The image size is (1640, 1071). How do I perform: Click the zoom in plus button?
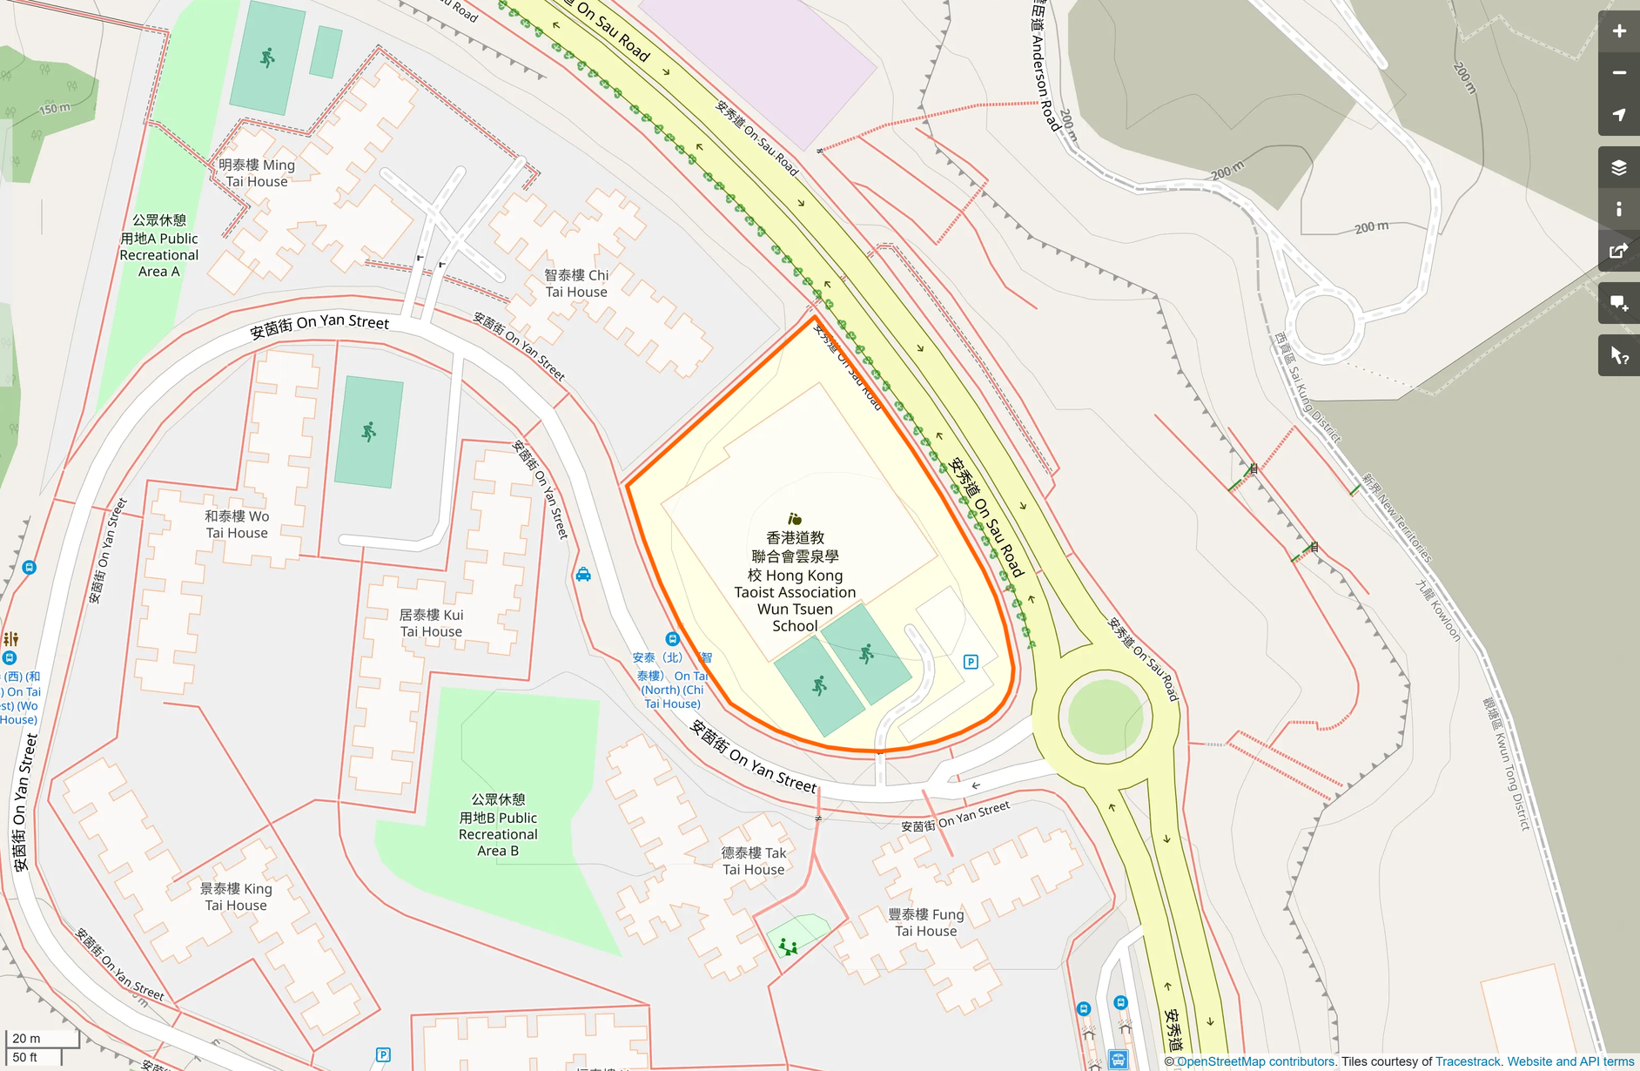point(1618,31)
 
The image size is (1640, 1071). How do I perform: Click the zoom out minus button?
point(1618,73)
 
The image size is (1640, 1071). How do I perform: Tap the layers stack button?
point(1618,167)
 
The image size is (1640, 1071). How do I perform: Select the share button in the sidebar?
point(1618,252)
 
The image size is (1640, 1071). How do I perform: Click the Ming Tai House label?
point(257,173)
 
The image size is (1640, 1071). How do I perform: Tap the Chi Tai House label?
point(576,283)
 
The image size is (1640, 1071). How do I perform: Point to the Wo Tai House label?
point(237,524)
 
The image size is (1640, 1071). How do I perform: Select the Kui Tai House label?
point(431,623)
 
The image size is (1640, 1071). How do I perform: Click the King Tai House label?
point(236,897)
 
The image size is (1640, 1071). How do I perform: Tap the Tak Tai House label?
point(753,861)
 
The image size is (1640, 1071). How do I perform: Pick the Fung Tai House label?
point(925,922)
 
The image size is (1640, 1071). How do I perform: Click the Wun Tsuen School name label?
point(795,582)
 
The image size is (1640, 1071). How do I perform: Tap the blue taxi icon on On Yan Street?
point(583,575)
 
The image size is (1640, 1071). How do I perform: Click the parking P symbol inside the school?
point(971,662)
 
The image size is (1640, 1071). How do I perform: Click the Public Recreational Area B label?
point(498,825)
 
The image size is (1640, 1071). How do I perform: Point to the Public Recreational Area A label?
point(159,246)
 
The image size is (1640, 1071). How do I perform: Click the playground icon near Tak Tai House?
point(789,946)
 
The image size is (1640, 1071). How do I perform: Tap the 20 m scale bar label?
point(26,1038)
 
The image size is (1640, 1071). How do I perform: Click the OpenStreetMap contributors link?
point(1255,1061)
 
